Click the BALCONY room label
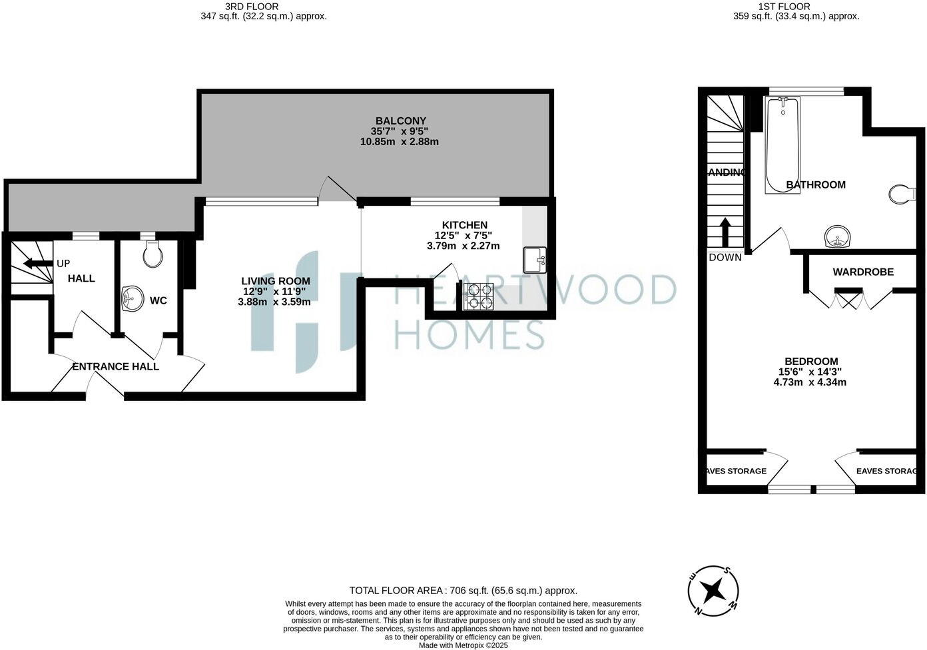(400, 121)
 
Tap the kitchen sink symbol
(535, 260)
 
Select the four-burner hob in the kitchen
(478, 297)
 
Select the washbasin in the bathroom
(838, 236)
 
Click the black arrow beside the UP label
(37, 264)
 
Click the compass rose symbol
(714, 590)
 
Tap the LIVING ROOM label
(275, 281)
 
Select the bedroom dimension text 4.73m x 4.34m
(810, 382)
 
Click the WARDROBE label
(863, 272)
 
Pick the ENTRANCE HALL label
(115, 366)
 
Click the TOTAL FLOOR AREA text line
(463, 590)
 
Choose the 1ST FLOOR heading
(784, 7)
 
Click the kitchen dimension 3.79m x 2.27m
(463, 246)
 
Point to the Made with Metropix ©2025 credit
(463, 645)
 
